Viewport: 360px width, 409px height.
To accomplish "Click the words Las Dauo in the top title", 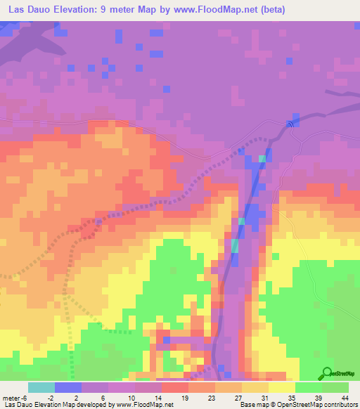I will tap(32, 10).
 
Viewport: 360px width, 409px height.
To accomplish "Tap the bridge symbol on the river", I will tap(290, 124).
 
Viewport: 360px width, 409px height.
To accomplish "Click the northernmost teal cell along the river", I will tap(262, 159).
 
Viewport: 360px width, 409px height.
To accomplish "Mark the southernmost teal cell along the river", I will tap(235, 246).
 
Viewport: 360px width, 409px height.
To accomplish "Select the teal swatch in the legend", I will tap(41, 387).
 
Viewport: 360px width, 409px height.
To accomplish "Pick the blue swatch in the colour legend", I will tap(68, 387).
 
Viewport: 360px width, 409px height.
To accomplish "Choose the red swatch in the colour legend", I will tap(175, 387).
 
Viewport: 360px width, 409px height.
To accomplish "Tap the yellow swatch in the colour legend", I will tap(282, 387).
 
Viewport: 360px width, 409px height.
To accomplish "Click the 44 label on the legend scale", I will tap(344, 397).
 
